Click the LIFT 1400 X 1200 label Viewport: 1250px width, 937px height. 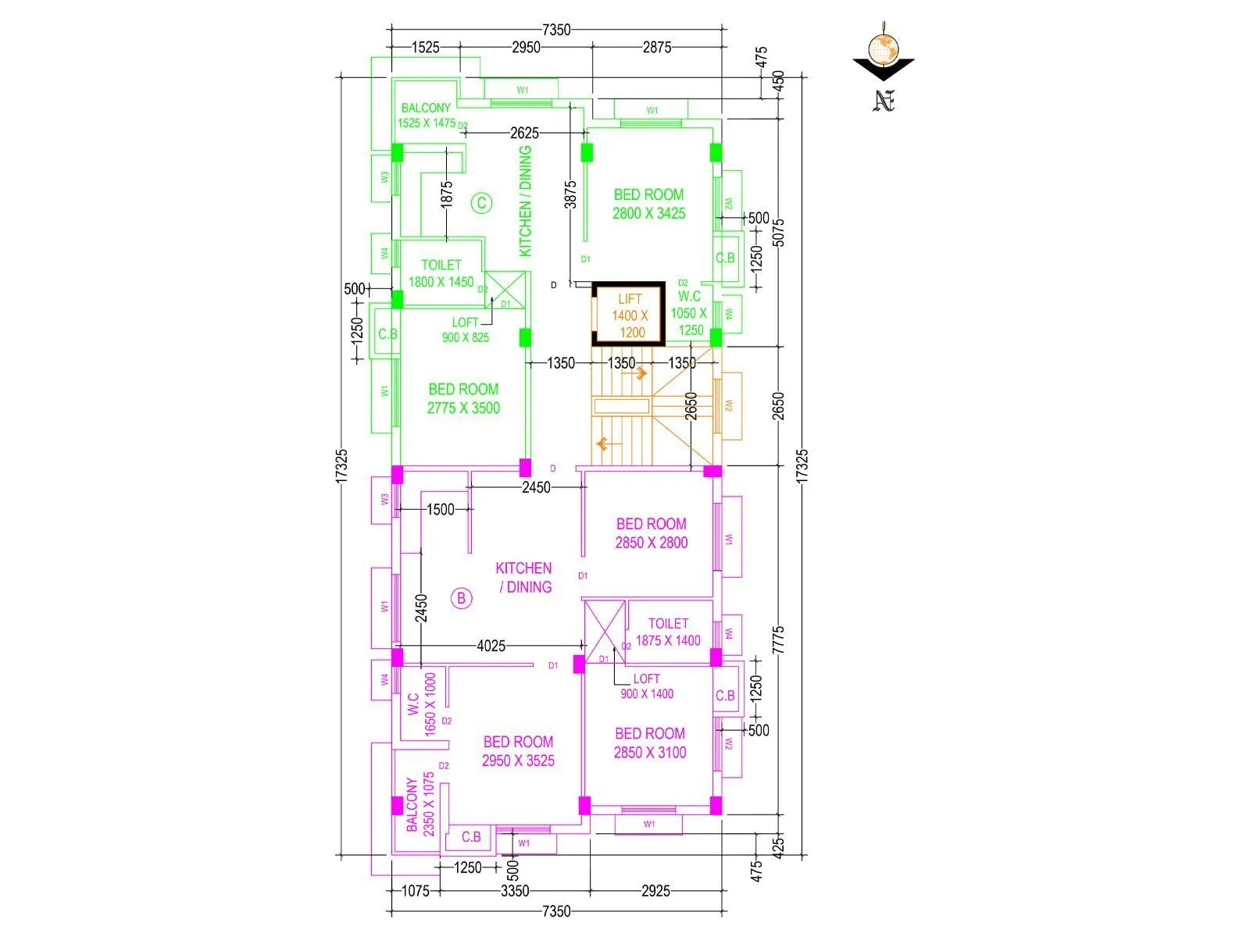pos(630,315)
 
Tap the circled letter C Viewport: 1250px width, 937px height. pos(482,204)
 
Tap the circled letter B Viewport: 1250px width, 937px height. pos(462,599)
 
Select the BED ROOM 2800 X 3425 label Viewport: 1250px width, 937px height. pos(648,204)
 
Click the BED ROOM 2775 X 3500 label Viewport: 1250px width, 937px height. pos(463,398)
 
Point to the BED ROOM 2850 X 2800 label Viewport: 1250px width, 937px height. pos(651,533)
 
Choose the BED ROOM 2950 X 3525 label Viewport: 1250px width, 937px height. pos(518,751)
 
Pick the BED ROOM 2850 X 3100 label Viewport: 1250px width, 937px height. pos(649,743)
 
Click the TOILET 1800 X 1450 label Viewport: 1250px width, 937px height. pos(441,273)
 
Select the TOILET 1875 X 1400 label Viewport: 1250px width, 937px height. pos(668,632)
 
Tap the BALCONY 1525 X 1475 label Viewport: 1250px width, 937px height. pos(426,115)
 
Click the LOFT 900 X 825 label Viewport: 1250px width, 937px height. pos(466,330)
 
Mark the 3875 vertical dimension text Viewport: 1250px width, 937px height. pos(570,194)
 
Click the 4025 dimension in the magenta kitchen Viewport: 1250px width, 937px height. pos(491,646)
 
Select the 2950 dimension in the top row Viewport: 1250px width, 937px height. pos(526,47)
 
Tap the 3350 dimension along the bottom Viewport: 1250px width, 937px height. pos(515,891)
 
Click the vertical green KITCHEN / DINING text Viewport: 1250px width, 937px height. pos(525,201)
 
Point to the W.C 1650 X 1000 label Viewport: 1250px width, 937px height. pos(422,704)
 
